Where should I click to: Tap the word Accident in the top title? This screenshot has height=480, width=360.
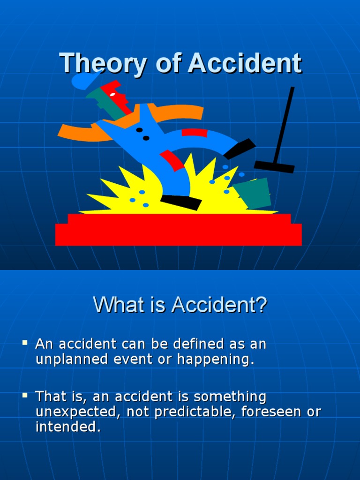(244, 63)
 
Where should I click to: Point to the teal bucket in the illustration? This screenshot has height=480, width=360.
(253, 193)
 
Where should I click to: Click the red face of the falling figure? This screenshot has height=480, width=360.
(117, 96)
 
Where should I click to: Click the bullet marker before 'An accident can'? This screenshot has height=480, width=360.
(25, 344)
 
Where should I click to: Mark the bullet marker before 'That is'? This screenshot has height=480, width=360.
(25, 396)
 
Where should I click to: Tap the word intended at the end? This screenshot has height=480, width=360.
(68, 427)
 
